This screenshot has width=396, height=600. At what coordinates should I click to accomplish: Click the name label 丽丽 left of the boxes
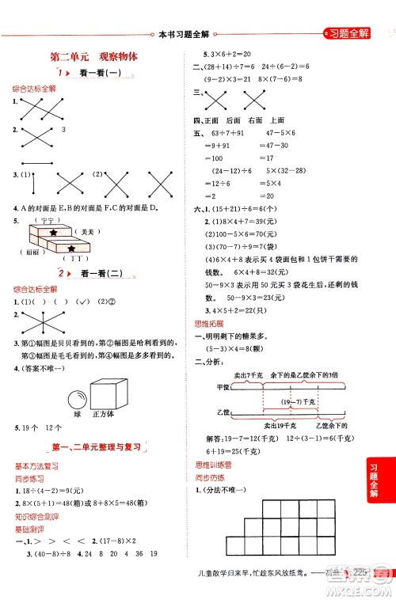29,252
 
